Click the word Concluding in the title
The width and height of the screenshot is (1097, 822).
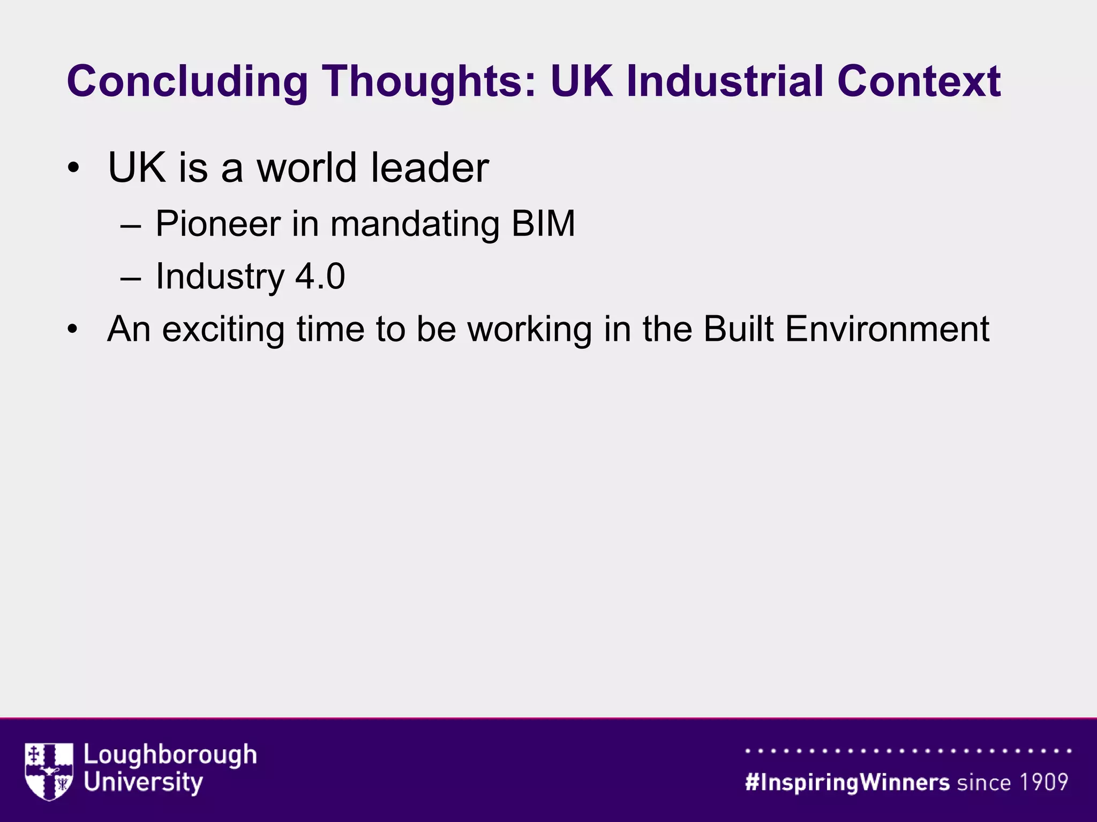pyautogui.click(x=187, y=82)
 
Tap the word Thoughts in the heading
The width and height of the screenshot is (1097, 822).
pyautogui.click(x=429, y=82)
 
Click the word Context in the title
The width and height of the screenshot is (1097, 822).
pyautogui.click(x=919, y=82)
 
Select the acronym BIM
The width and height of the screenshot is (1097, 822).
pyautogui.click(x=543, y=223)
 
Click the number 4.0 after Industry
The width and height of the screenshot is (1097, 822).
pyautogui.click(x=320, y=277)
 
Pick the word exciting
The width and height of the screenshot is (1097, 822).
pyautogui.click(x=223, y=329)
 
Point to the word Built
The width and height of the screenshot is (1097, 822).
pyautogui.click(x=738, y=329)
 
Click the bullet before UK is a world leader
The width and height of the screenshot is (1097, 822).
pyautogui.click(x=73, y=169)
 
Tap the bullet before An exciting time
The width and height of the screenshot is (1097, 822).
pyautogui.click(x=73, y=330)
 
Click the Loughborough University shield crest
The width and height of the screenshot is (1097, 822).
pyautogui.click(x=49, y=771)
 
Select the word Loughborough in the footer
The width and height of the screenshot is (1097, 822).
pyautogui.click(x=170, y=756)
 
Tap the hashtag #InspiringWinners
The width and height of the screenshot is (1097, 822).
pyautogui.click(x=847, y=782)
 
